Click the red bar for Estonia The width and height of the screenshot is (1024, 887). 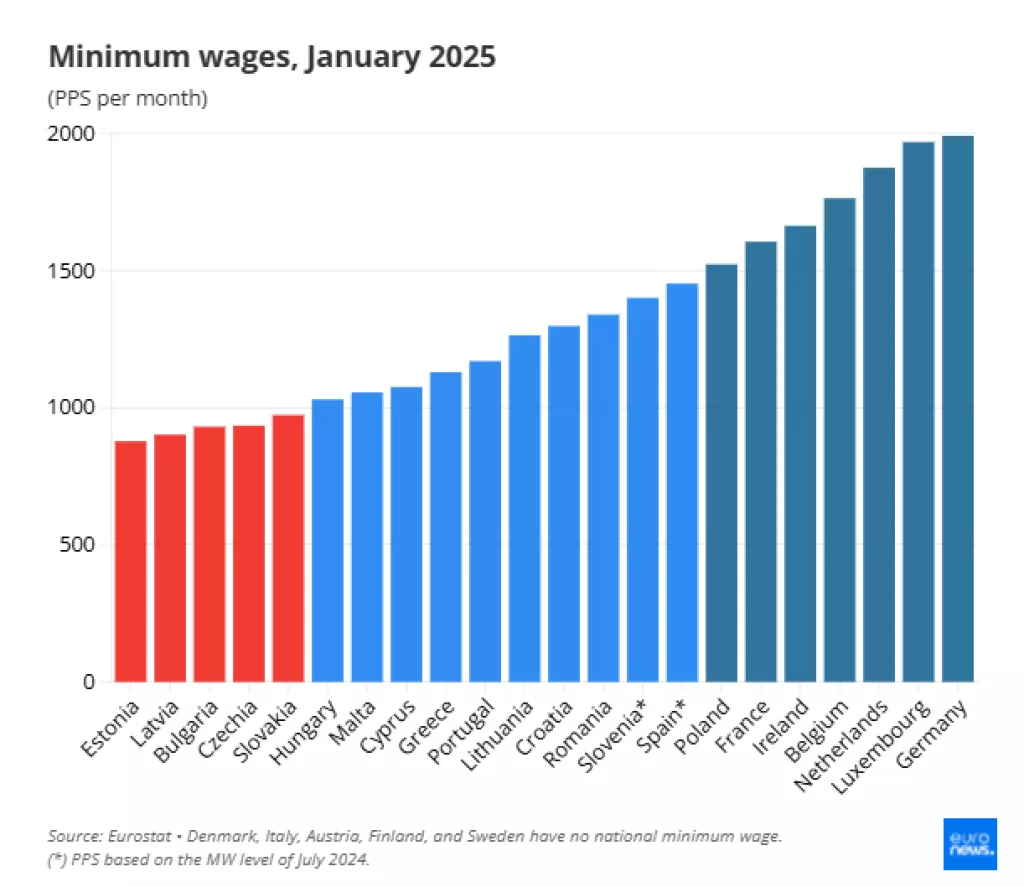click(x=131, y=561)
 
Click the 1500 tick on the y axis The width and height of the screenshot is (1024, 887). click(x=73, y=271)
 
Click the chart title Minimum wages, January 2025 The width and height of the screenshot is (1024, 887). click(x=272, y=57)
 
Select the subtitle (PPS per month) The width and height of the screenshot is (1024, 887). click(x=127, y=99)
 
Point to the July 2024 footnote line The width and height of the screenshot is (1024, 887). click(x=209, y=858)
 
